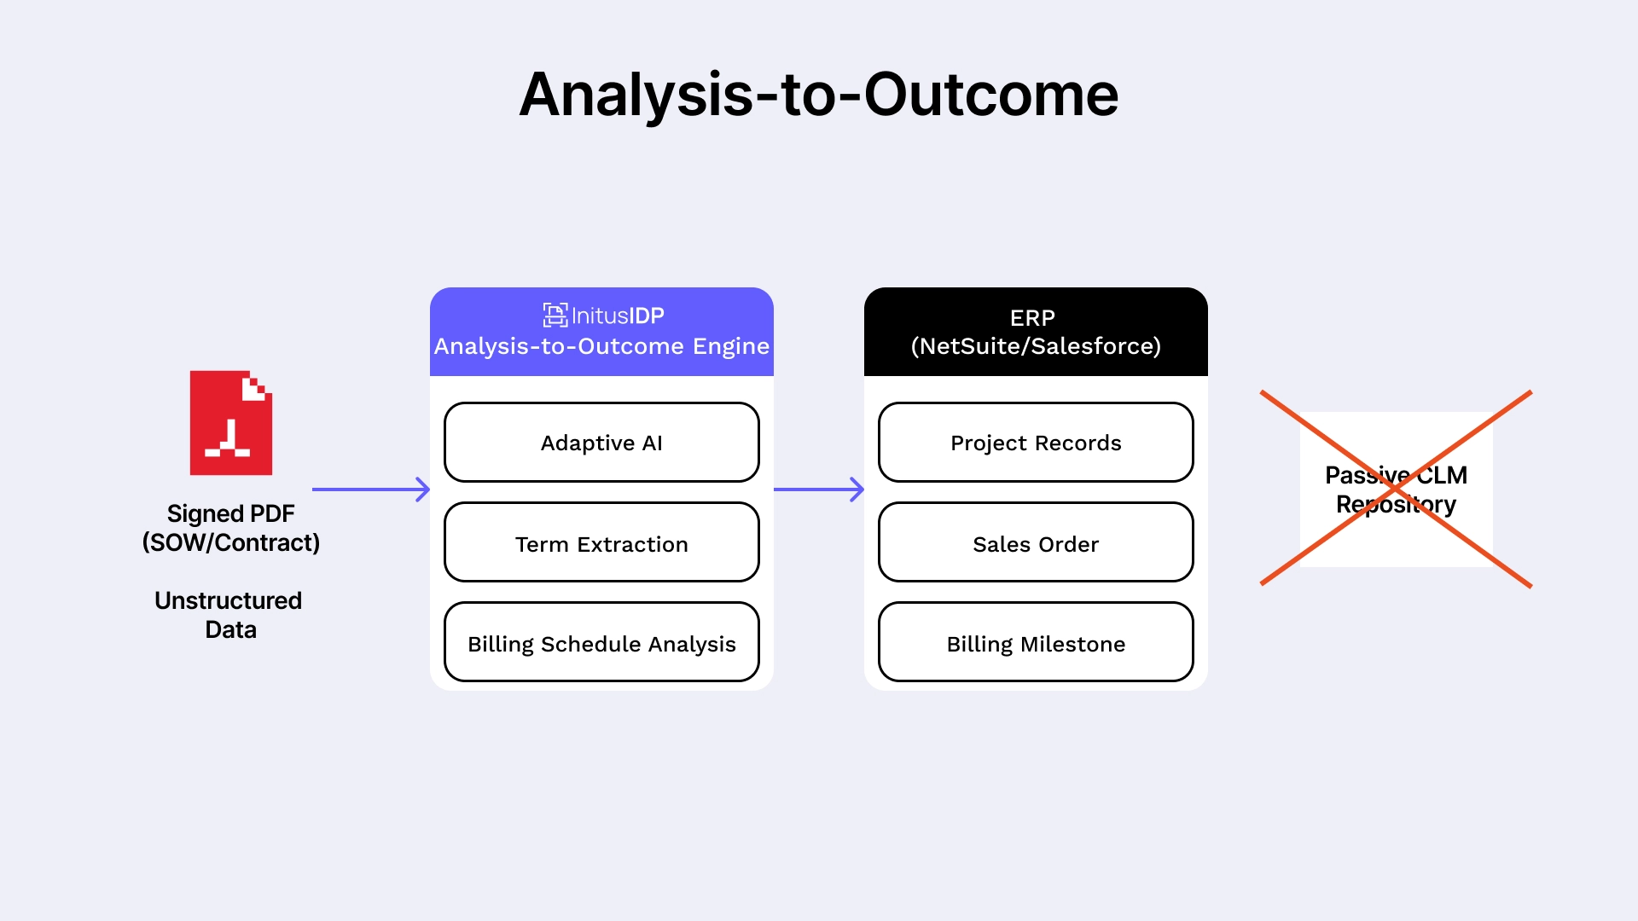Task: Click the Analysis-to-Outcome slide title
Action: [818, 95]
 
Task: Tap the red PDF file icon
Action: [230, 423]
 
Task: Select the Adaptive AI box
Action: [601, 443]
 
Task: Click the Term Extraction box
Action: [601, 543]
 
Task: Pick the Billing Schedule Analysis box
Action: [601, 643]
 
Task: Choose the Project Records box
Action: [1036, 443]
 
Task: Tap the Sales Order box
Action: [1036, 543]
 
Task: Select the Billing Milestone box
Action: [1036, 643]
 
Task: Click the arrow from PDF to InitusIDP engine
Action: [371, 489]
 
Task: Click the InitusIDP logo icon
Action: [555, 316]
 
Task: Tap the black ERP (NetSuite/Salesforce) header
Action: [1036, 332]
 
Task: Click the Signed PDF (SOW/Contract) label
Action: [230, 528]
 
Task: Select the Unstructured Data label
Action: [229, 615]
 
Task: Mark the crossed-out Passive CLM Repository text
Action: [1396, 489]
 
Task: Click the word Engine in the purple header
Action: [730, 346]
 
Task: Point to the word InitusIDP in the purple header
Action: [618, 316]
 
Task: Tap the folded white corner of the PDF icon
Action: [255, 388]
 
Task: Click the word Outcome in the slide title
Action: [990, 95]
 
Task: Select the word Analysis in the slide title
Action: [636, 95]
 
